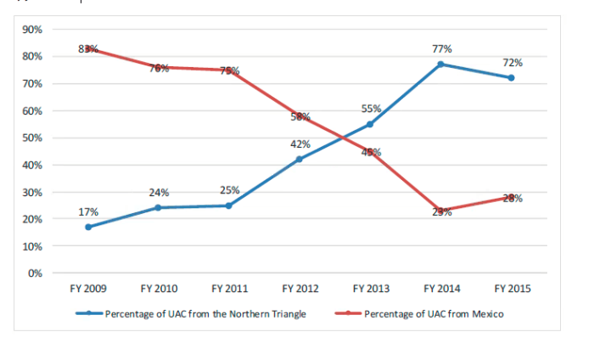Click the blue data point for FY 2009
[x=88, y=227]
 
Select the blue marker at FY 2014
[x=441, y=65]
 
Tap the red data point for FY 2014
[x=441, y=211]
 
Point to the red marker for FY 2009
[x=88, y=48]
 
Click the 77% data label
[x=441, y=49]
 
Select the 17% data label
[x=88, y=211]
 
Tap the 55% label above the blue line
[x=371, y=109]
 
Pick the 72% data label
[x=512, y=63]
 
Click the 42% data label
[x=300, y=144]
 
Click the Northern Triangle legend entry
[x=194, y=314]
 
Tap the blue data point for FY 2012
[x=300, y=159]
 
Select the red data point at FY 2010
[x=159, y=67]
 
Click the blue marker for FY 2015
[x=512, y=78]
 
